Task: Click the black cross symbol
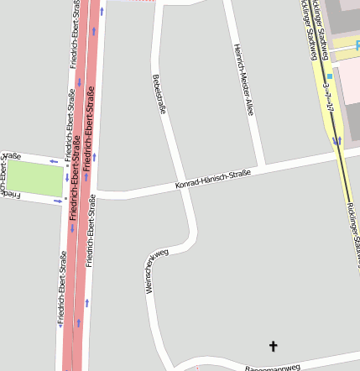pos(272,345)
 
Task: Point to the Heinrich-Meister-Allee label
pos(243,79)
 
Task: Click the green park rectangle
pos(34,178)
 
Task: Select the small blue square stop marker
pos(330,76)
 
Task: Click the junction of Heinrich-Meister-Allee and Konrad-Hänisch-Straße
pos(265,165)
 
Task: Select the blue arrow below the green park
pos(57,200)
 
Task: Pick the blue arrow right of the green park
pos(68,176)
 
